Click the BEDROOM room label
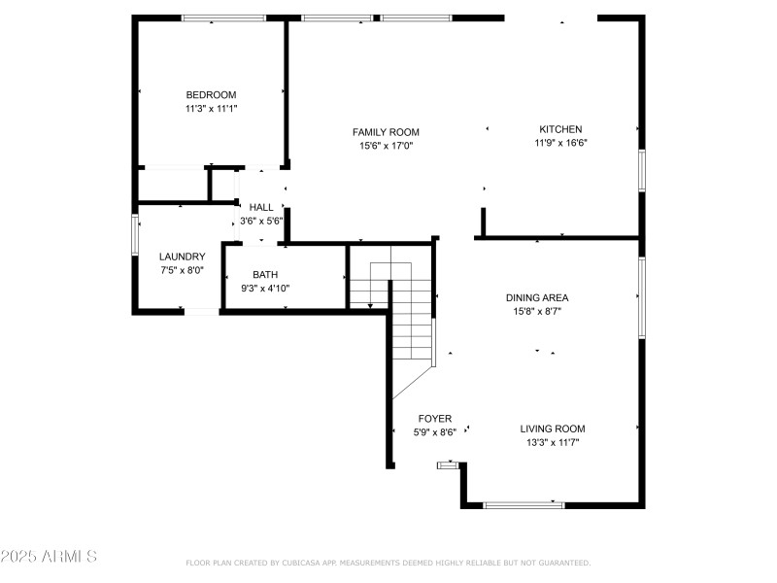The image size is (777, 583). pyautogui.click(x=211, y=94)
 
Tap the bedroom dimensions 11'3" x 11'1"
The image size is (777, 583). pyautogui.click(x=211, y=109)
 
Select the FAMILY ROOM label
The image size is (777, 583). pyautogui.click(x=386, y=132)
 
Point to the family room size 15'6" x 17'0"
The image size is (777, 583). pyautogui.click(x=386, y=146)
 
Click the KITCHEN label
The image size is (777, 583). pyautogui.click(x=560, y=129)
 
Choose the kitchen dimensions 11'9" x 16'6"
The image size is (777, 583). pyautogui.click(x=560, y=143)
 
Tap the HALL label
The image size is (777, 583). pyautogui.click(x=261, y=207)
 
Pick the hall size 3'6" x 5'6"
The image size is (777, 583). pyautogui.click(x=261, y=221)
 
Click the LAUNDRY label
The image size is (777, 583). pyautogui.click(x=182, y=257)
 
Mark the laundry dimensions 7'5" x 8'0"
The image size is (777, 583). pyautogui.click(x=182, y=271)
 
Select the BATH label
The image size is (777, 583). pyautogui.click(x=265, y=274)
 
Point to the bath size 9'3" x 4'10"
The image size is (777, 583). pyautogui.click(x=265, y=288)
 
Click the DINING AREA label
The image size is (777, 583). pyautogui.click(x=536, y=297)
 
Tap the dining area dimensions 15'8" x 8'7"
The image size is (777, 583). pyautogui.click(x=536, y=312)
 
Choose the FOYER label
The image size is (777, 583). pyautogui.click(x=434, y=419)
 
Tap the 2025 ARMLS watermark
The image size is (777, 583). pyautogui.click(x=49, y=557)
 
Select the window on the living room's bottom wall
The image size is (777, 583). pyautogui.click(x=524, y=504)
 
